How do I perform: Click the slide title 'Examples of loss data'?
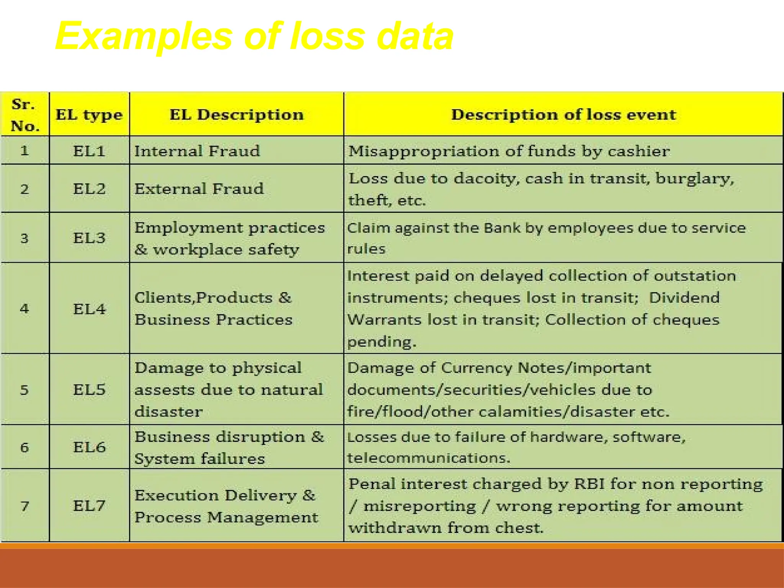(x=254, y=36)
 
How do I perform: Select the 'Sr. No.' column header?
(x=25, y=115)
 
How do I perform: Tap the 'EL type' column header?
(x=89, y=115)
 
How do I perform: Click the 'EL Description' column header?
(x=237, y=115)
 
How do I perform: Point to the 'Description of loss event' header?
(x=563, y=115)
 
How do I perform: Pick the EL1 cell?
(x=89, y=151)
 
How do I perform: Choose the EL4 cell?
(x=89, y=309)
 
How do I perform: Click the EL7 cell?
(x=89, y=506)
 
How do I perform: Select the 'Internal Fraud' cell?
(x=197, y=151)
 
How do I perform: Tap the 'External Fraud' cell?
(x=199, y=189)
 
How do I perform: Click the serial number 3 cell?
(x=24, y=238)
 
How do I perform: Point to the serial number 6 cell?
(x=24, y=447)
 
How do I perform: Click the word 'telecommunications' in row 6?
(x=429, y=458)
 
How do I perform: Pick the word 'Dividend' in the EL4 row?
(x=684, y=298)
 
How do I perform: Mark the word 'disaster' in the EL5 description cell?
(x=169, y=412)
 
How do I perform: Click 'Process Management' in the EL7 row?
(x=226, y=518)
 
